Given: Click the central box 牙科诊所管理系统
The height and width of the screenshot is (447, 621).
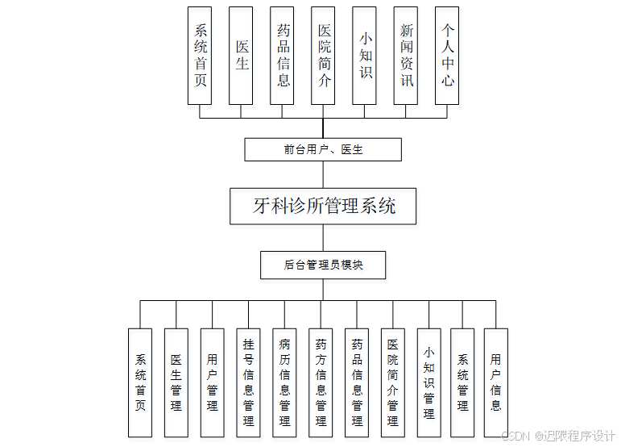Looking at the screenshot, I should click(x=323, y=206).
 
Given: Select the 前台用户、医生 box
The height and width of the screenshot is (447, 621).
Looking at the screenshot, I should click(x=323, y=149).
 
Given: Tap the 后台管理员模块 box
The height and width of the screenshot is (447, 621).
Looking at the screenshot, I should click(x=323, y=265).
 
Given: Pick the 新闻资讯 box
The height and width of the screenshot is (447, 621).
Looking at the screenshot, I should click(x=406, y=56).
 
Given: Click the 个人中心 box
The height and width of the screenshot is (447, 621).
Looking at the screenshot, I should click(x=447, y=56).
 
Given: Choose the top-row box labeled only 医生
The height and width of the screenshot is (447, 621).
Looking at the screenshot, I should click(x=241, y=56).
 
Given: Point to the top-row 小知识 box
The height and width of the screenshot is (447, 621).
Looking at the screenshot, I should click(x=365, y=56).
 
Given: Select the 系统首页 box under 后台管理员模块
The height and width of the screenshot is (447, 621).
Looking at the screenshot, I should click(x=140, y=382).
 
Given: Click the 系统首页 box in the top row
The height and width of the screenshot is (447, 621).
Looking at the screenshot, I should click(x=200, y=56).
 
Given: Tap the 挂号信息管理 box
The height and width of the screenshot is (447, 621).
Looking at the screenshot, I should click(x=248, y=382).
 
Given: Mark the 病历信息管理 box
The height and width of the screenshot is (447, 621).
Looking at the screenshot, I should click(x=284, y=382).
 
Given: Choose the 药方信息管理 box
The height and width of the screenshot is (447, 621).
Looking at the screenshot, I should click(x=321, y=382).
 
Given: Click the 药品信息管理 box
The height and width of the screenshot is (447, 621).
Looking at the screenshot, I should click(x=357, y=382).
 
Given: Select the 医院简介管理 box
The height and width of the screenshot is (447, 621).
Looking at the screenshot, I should click(x=392, y=382).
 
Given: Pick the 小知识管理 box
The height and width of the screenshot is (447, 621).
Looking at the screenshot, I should click(x=428, y=382).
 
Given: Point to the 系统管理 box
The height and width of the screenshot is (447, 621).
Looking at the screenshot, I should click(x=462, y=382).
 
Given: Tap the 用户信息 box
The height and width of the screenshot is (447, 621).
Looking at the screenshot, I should click(x=496, y=382).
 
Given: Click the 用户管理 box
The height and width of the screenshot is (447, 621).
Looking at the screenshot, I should click(x=212, y=382).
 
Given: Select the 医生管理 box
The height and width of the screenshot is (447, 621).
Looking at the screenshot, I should click(x=176, y=382).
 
